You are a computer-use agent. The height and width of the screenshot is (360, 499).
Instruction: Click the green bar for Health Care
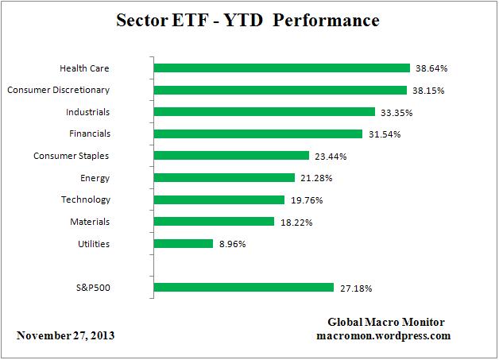[281, 68]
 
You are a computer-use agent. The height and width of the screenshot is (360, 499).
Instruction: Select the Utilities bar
[183, 244]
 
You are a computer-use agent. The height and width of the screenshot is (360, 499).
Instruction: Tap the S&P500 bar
[243, 288]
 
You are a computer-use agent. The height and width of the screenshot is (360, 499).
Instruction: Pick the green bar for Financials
[257, 134]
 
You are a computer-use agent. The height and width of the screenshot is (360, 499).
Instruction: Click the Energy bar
[221, 178]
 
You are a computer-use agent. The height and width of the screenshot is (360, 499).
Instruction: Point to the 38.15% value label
[428, 91]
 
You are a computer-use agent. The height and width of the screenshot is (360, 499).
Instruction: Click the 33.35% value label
[396, 113]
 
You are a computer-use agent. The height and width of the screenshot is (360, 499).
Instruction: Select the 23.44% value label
[330, 157]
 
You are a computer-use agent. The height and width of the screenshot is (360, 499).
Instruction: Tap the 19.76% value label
[305, 200]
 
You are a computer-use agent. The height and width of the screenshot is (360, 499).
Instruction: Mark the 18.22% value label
[295, 223]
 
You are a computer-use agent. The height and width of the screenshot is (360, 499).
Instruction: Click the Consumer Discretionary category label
[59, 90]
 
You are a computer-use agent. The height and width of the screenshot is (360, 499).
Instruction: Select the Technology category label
[85, 199]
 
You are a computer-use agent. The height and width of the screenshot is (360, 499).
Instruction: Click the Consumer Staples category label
[72, 156]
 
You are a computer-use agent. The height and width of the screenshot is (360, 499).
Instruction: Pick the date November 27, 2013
[66, 335]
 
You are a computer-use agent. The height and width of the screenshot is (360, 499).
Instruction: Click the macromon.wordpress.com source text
[384, 335]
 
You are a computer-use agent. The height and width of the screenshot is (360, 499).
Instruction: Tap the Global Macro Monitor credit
[385, 322]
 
